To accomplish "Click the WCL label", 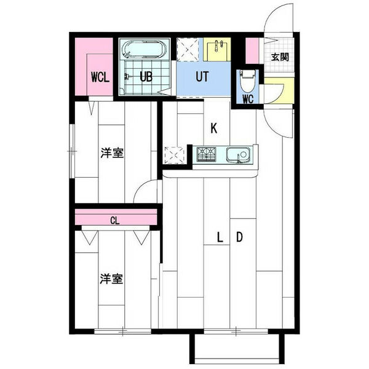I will pyautogui.click(x=100, y=78).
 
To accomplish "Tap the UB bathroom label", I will pyautogui.click(x=146, y=78).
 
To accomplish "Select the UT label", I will pyautogui.click(x=202, y=78).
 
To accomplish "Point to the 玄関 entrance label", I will pyautogui.click(x=280, y=57).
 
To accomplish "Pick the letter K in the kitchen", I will pyautogui.click(x=214, y=129).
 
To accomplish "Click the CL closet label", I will pyautogui.click(x=115, y=219).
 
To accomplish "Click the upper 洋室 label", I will pyautogui.click(x=112, y=153).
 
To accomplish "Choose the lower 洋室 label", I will pyautogui.click(x=112, y=279).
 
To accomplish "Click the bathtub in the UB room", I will pyautogui.click(x=145, y=49).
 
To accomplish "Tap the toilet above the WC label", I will pyautogui.click(x=248, y=79).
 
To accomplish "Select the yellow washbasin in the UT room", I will pyautogui.click(x=216, y=47).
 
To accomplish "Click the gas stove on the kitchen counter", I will pyautogui.click(x=207, y=154).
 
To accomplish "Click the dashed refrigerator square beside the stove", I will pyautogui.click(x=174, y=154).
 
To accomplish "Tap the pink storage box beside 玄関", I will pyautogui.click(x=252, y=49).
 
